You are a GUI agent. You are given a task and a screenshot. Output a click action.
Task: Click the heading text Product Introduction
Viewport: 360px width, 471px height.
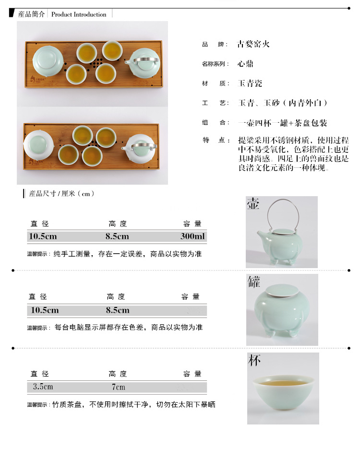(79, 14)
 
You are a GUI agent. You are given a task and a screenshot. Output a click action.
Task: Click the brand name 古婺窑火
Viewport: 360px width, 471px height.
(253, 44)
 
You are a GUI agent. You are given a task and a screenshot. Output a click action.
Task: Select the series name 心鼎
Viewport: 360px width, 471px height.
(245, 64)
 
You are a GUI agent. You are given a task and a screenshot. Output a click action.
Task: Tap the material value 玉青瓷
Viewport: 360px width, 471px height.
(250, 83)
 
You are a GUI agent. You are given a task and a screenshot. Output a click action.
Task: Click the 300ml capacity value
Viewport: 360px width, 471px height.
(192, 236)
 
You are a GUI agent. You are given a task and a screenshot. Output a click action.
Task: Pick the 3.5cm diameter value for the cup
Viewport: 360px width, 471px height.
(43, 386)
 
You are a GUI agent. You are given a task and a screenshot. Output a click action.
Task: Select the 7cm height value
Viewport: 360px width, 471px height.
(119, 387)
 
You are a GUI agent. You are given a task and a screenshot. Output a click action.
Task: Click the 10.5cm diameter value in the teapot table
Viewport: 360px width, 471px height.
(43, 236)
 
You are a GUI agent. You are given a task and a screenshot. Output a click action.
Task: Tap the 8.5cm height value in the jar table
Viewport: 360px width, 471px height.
(118, 310)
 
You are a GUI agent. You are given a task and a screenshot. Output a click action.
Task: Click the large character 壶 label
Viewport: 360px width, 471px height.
(253, 203)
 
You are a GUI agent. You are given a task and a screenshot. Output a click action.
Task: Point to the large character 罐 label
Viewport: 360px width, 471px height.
(254, 282)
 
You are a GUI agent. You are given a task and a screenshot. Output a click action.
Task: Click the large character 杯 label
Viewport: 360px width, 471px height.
(254, 360)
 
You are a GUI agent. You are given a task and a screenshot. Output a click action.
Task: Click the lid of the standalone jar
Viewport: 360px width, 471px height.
(282, 291)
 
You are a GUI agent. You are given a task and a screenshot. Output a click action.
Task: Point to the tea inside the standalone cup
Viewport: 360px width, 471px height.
(283, 383)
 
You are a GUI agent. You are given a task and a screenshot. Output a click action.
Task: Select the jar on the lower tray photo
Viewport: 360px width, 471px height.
(39, 145)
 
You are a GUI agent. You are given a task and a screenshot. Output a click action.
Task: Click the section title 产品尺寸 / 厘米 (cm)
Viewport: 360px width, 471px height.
(61, 194)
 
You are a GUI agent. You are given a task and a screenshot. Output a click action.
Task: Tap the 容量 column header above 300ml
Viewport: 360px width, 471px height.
(192, 224)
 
